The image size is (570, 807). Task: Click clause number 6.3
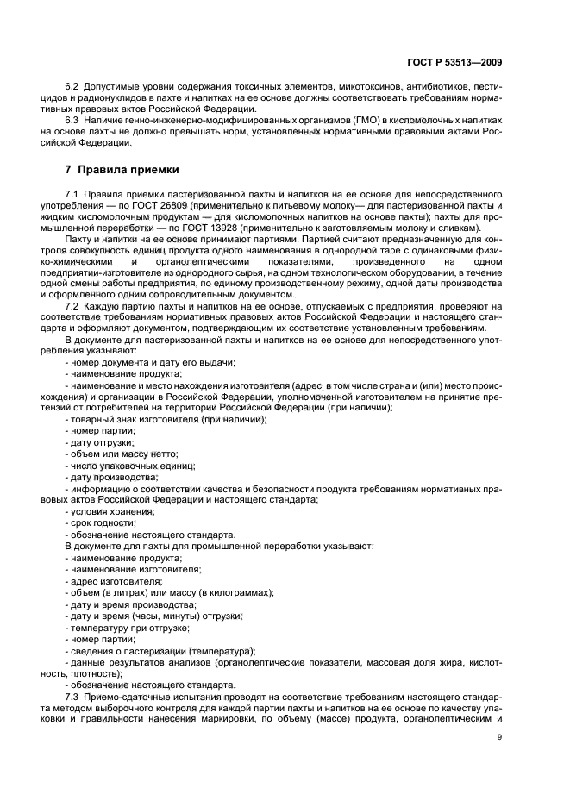[x=73, y=122]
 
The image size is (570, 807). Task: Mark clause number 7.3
[x=73, y=696]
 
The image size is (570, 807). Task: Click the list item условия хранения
[x=110, y=510]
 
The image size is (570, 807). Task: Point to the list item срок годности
[x=102, y=522]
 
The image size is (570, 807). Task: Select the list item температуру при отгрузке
[x=126, y=627]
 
